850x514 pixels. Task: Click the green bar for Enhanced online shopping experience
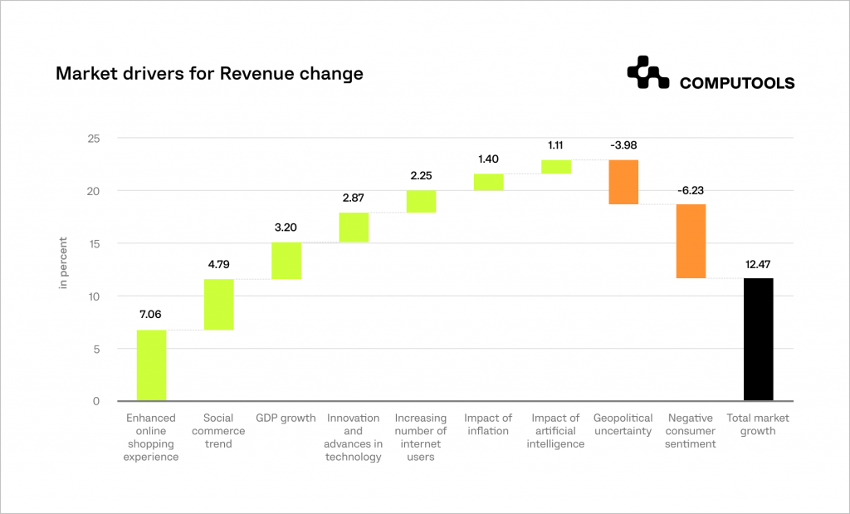(x=151, y=365)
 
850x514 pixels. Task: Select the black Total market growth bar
(x=759, y=340)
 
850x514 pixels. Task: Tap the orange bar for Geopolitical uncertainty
(x=623, y=182)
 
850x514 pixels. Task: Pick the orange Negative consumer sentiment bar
(x=691, y=241)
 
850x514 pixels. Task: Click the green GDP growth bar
(x=286, y=261)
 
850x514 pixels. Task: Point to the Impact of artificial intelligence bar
(x=556, y=167)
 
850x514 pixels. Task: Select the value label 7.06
(x=151, y=316)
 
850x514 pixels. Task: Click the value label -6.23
(x=691, y=190)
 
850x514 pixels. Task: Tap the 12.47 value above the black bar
(x=759, y=264)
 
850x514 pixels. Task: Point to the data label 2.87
(x=354, y=198)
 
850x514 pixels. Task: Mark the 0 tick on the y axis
(x=95, y=402)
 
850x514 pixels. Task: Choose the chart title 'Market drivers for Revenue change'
(x=209, y=74)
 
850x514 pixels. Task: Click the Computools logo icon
(x=648, y=72)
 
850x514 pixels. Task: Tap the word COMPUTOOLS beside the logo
(x=736, y=83)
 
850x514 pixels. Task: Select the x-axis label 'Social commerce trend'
(x=218, y=431)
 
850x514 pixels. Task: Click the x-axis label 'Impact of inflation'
(x=488, y=424)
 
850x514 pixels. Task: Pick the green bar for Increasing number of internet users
(x=421, y=202)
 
